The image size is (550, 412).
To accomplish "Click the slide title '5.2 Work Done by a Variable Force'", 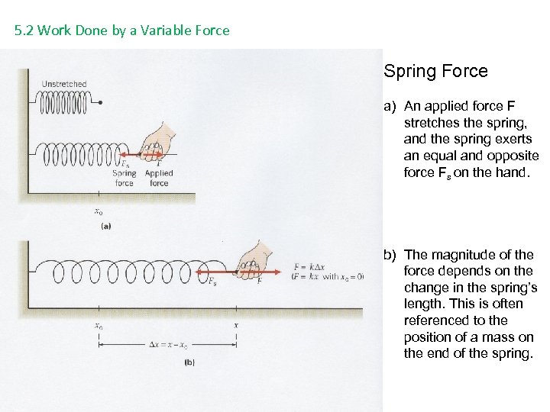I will point(122,31).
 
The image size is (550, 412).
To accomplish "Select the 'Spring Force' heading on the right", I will point(435,71).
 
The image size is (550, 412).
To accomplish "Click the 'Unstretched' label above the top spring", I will point(64,84).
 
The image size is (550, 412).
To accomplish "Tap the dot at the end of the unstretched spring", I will point(100,101).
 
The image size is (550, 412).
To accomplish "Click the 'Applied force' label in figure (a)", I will point(159,178).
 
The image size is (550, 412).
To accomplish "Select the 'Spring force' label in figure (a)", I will point(124,178).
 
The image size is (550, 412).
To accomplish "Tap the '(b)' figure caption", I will point(189,362).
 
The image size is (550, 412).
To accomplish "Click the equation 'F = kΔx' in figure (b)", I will point(310,267).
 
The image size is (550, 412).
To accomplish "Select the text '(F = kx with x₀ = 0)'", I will point(328,277).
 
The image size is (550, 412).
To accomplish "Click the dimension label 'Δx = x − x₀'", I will point(168,346).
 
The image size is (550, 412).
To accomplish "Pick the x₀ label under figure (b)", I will point(99,326).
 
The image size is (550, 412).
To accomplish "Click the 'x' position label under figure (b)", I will point(236,326).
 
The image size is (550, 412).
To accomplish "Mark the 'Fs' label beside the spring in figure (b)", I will point(212,282).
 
